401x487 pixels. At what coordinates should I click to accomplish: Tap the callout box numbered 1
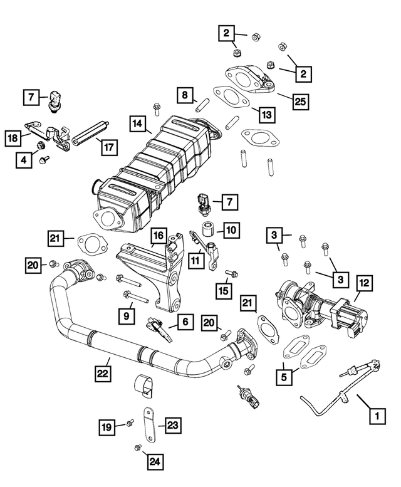coord(376,415)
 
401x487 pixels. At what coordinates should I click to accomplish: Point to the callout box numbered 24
coord(155,463)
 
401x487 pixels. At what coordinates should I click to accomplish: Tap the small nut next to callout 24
coord(137,447)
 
